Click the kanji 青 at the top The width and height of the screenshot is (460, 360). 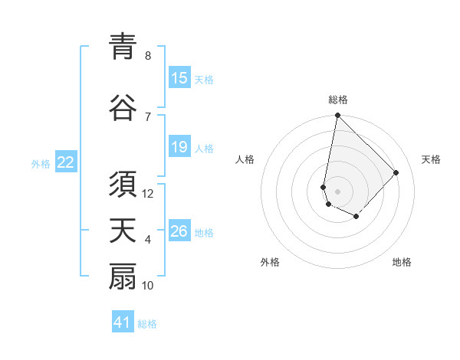pyautogui.click(x=123, y=47)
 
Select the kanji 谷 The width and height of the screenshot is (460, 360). pyautogui.click(x=123, y=107)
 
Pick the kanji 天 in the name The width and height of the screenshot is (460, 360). pyautogui.click(x=123, y=231)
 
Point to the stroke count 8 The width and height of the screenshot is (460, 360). pyautogui.click(x=148, y=56)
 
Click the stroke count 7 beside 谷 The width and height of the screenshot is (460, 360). pyautogui.click(x=148, y=116)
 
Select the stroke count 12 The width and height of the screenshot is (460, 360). pyautogui.click(x=148, y=194)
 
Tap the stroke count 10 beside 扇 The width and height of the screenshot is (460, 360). pyautogui.click(x=148, y=286)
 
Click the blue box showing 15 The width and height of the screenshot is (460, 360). pyautogui.click(x=179, y=78)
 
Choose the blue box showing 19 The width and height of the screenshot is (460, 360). pyautogui.click(x=179, y=147)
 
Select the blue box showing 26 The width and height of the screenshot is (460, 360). pyautogui.click(x=179, y=231)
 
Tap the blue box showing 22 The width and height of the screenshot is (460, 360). pyautogui.click(x=66, y=162)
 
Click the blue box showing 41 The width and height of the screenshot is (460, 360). pyautogui.click(x=123, y=322)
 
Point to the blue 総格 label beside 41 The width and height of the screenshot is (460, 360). pyautogui.click(x=147, y=324)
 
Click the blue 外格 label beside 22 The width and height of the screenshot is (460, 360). pyautogui.click(x=41, y=163)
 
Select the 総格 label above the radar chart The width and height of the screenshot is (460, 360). pyautogui.click(x=337, y=100)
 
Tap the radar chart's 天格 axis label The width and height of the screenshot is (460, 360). pyautogui.click(x=431, y=159)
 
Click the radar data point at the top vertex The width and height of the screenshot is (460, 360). pyautogui.click(x=337, y=116)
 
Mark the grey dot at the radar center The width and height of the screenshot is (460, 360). pyautogui.click(x=337, y=191)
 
